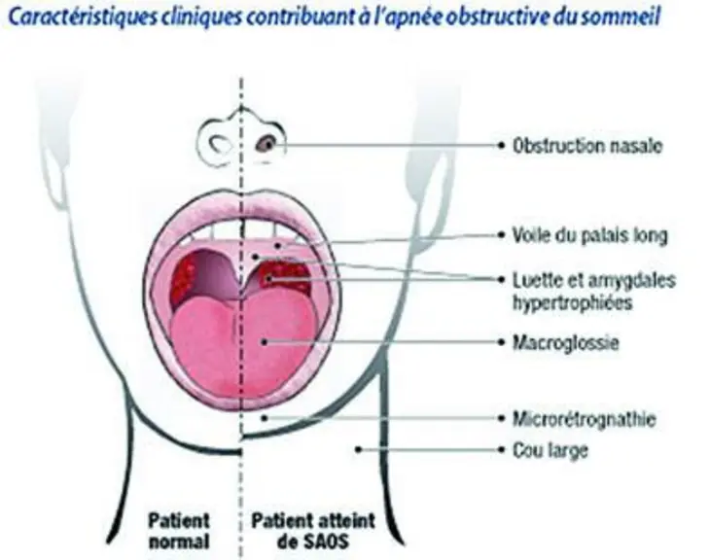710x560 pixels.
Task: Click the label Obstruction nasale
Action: [587, 146]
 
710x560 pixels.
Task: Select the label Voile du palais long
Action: [590, 235]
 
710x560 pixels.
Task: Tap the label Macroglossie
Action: [565, 342]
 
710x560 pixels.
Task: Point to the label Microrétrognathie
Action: [585, 419]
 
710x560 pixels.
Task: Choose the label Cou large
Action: [550, 450]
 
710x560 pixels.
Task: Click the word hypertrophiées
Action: [572, 302]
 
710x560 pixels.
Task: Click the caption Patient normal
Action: [179, 531]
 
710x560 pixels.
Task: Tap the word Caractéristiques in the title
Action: [83, 17]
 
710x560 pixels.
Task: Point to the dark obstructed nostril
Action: [266, 145]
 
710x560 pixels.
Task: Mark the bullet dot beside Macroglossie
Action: [501, 342]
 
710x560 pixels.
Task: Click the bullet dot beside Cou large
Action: [501, 450]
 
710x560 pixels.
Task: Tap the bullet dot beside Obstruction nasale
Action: [501, 146]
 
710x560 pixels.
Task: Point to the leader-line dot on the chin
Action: [265, 418]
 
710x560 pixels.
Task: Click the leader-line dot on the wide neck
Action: [358, 449]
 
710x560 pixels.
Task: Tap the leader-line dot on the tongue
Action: [264, 342]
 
